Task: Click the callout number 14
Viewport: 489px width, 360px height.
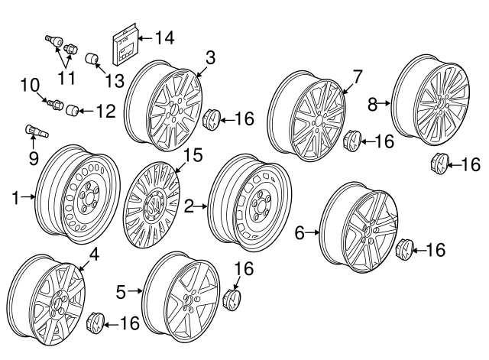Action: (164, 37)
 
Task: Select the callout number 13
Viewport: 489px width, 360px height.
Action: (115, 81)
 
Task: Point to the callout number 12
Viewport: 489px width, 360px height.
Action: (105, 112)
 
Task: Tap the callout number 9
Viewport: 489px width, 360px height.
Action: (33, 158)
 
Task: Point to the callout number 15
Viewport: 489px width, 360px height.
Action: (194, 155)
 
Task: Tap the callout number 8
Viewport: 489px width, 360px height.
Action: (372, 104)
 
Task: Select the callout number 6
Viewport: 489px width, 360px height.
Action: (300, 232)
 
